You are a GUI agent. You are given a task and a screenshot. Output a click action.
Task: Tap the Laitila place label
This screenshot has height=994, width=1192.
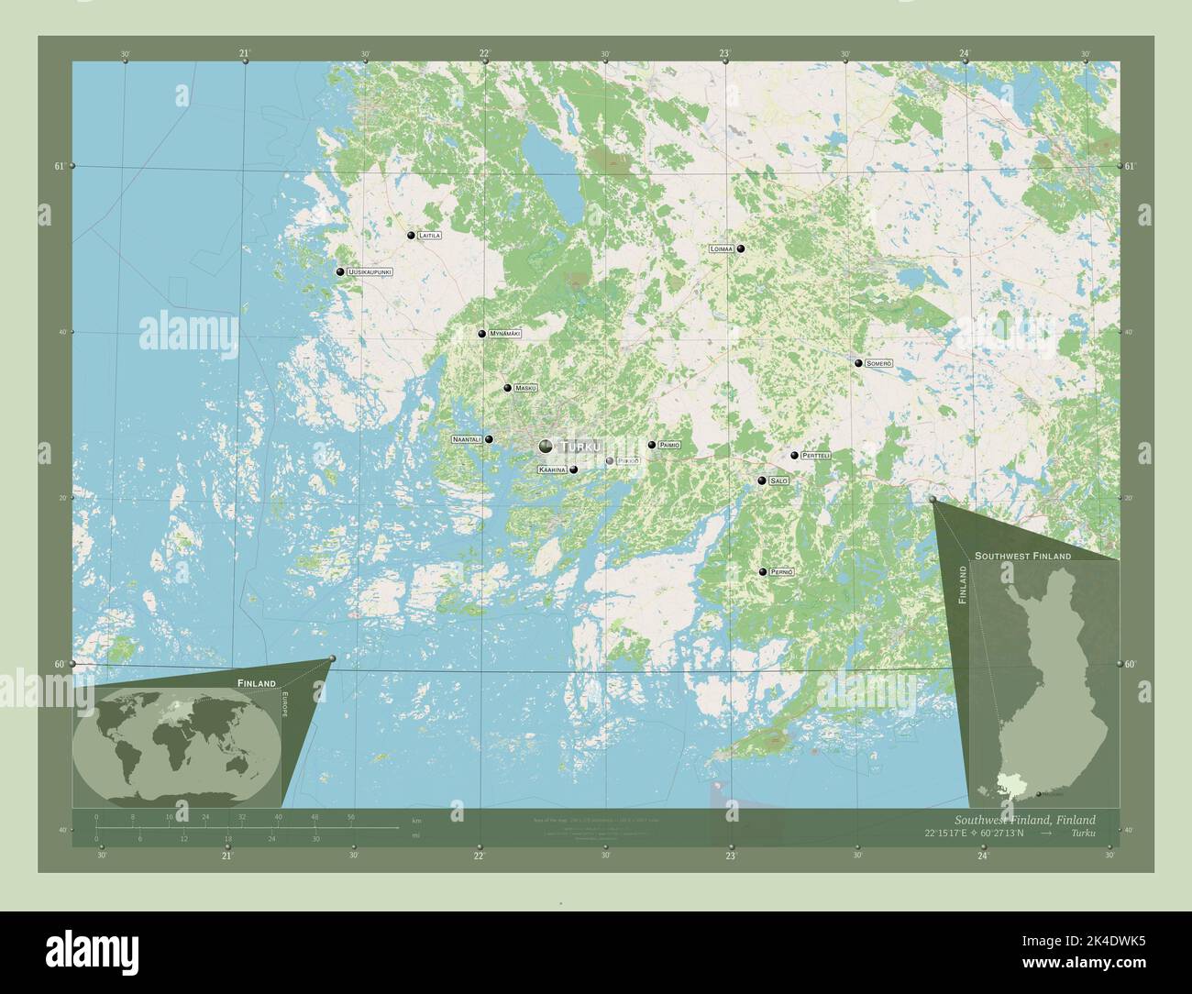coord(428,236)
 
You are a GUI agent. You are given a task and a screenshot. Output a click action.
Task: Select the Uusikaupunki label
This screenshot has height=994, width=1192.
coord(370,272)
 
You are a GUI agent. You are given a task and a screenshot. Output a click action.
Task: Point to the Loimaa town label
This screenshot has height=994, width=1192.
coord(721,248)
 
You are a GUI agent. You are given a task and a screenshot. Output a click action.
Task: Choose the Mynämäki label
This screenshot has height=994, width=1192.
coord(504,334)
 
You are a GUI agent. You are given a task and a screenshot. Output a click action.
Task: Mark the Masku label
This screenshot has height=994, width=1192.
coord(525,388)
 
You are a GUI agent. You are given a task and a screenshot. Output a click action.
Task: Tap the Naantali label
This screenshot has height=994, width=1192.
coord(467,440)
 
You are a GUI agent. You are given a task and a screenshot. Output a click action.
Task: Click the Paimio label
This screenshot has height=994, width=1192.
coord(669,445)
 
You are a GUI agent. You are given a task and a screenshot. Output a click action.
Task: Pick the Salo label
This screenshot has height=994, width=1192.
coord(778,480)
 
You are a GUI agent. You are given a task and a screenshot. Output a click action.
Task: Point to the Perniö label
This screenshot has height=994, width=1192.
coord(781,572)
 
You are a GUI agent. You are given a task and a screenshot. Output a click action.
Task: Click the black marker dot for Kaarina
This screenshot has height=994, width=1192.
coord(573,470)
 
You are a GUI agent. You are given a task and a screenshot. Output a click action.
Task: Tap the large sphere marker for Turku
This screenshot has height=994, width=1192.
coord(546,447)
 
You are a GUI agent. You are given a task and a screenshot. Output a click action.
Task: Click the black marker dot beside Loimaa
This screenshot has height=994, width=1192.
coord(740,248)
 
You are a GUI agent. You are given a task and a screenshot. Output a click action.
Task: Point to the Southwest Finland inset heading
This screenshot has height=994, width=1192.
coord(1022,557)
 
